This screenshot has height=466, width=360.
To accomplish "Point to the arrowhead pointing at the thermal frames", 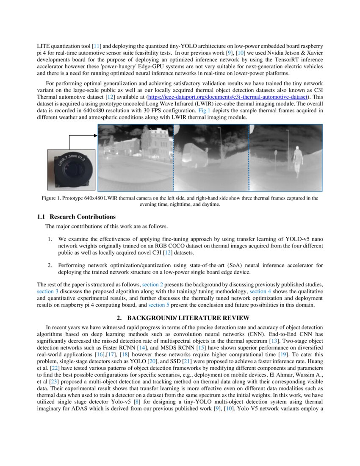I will (95, 136).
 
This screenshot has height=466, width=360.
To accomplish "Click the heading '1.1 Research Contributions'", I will (76, 217).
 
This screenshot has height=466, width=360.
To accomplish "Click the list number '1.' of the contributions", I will (50, 239).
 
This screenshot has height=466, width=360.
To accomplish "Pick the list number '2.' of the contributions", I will (50, 265).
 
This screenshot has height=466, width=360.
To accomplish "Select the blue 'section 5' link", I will (159, 305).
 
